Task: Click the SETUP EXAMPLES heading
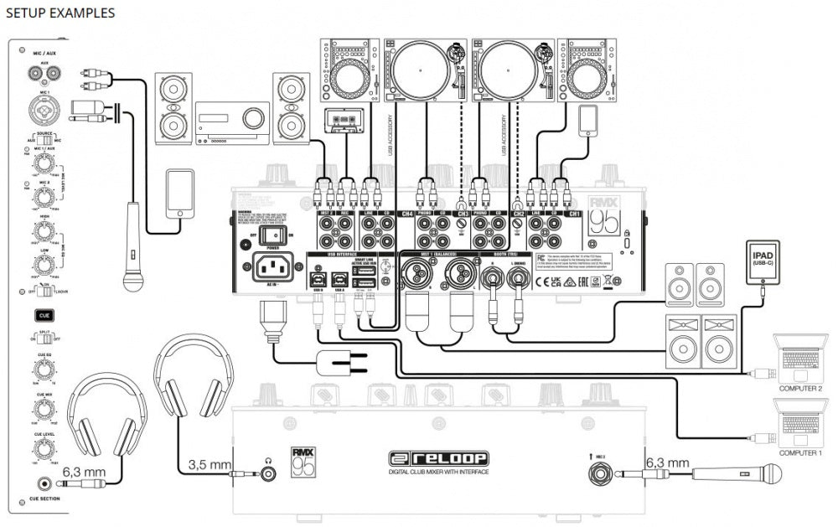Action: click(x=60, y=13)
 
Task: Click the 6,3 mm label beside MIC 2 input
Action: click(x=667, y=462)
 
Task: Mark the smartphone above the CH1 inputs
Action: click(x=587, y=120)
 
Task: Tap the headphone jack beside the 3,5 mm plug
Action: click(x=269, y=473)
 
